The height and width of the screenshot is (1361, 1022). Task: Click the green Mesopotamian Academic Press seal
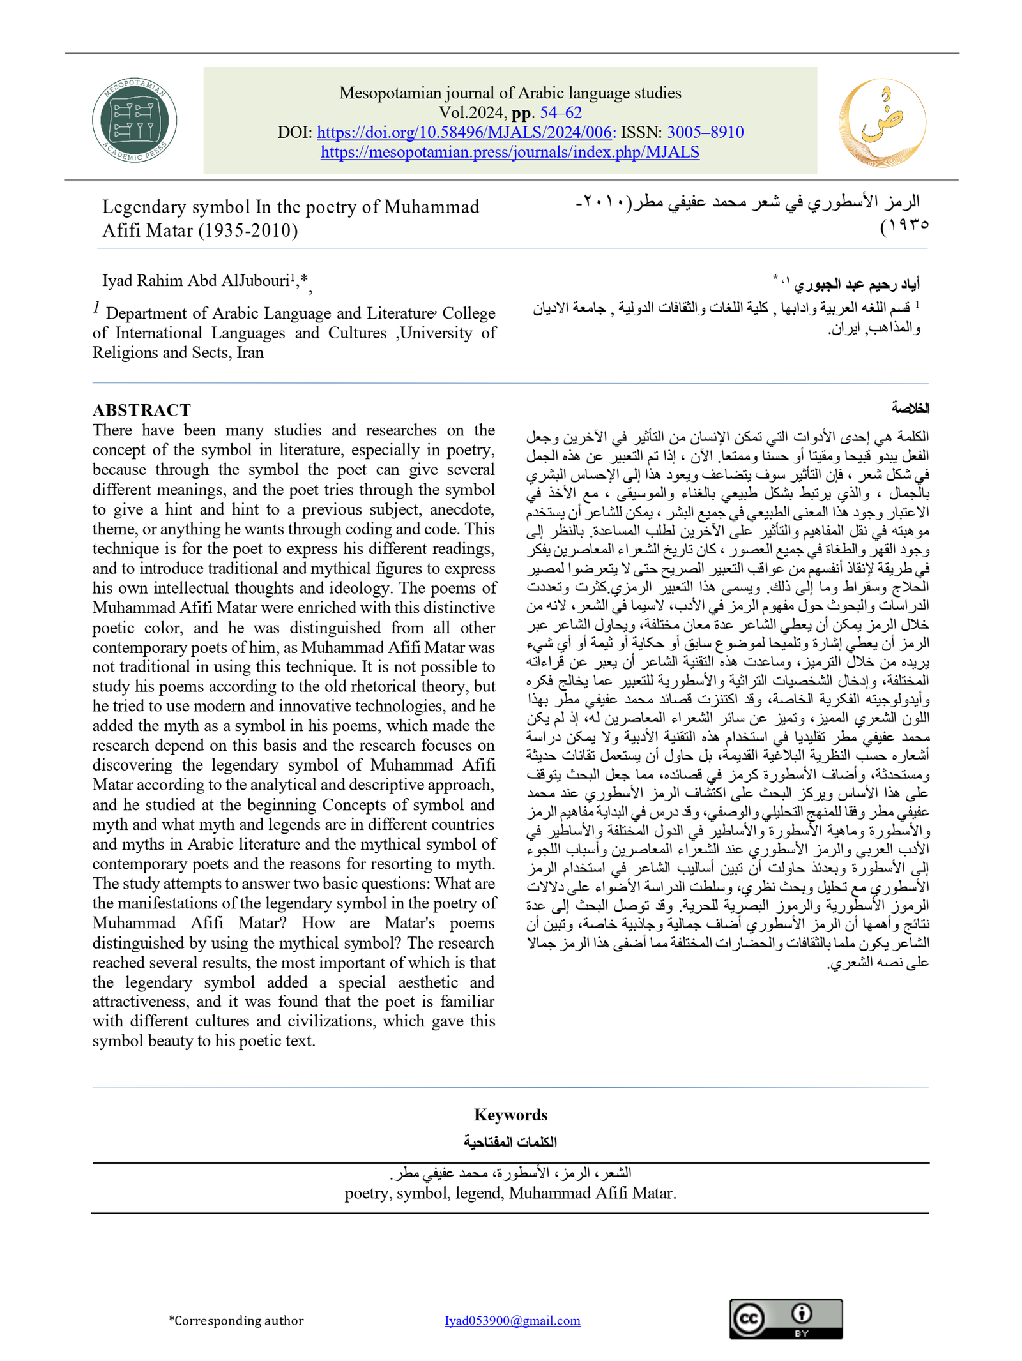coord(134,120)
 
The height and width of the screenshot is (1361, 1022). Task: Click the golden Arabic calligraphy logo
coord(881,121)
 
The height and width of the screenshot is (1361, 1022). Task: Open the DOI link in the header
coord(465,132)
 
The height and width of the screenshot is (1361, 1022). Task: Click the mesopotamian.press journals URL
coord(510,152)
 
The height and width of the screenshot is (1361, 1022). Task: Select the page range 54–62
coord(561,112)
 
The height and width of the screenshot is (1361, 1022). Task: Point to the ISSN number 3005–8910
coord(705,132)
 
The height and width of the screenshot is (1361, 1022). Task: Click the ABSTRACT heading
coord(141,409)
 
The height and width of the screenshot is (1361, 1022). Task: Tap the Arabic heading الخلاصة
coord(910,407)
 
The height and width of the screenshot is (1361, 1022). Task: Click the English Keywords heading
coord(510,1115)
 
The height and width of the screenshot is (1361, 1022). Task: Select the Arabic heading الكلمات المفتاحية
coord(510,1141)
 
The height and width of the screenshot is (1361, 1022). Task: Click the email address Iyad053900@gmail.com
coord(512,1320)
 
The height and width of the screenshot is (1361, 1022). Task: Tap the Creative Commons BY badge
coord(786,1319)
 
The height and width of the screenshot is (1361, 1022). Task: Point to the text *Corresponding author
coord(236,1320)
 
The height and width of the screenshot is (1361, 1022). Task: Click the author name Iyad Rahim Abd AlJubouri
coord(195,281)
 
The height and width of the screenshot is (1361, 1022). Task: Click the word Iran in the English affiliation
coord(250,352)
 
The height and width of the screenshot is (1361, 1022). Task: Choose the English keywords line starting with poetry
coord(510,1192)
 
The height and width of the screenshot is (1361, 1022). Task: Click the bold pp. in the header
coord(522,112)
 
